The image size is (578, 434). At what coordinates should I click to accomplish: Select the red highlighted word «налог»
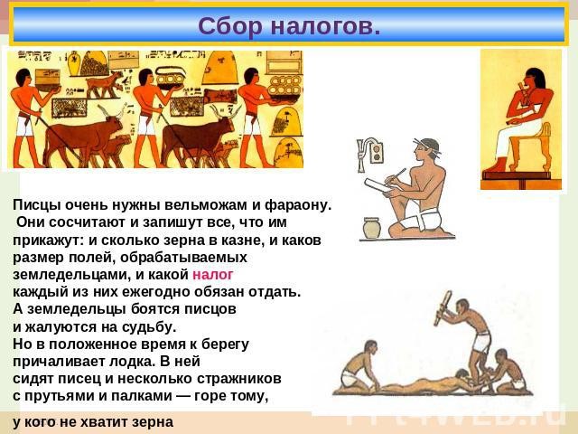click(x=213, y=275)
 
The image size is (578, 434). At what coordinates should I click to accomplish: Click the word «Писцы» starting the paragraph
click(x=35, y=205)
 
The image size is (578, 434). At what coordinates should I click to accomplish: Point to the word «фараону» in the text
click(x=299, y=206)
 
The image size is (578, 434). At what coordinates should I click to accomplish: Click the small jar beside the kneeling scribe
click(x=371, y=228)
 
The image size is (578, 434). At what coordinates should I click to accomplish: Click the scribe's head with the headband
click(x=427, y=148)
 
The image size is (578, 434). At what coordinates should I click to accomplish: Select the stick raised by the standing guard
click(x=443, y=308)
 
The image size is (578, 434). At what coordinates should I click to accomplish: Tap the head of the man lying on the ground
click(x=461, y=373)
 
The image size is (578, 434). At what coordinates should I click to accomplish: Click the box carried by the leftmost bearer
click(x=47, y=80)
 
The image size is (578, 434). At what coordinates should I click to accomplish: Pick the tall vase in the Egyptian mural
click(x=74, y=64)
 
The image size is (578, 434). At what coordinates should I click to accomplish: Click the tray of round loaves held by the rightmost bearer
click(x=284, y=87)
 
